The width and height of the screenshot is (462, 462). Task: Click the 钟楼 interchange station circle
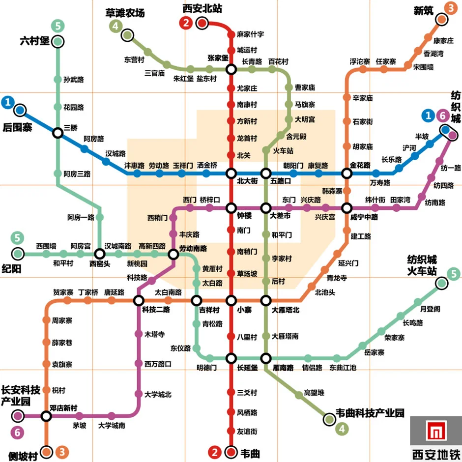[x=231, y=208]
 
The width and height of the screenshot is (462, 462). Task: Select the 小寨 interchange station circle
[x=231, y=300]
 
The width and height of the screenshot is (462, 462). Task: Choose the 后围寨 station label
[x=18, y=127]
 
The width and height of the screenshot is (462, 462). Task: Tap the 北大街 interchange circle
[x=231, y=173]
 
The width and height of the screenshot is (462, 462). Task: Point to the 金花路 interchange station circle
[x=347, y=173]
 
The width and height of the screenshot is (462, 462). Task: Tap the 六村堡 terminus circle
[x=58, y=42]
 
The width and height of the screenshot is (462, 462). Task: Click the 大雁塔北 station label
[x=286, y=310]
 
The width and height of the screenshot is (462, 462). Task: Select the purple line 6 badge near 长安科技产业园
[x=18, y=433]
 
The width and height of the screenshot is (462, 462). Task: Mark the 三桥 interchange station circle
[x=58, y=133]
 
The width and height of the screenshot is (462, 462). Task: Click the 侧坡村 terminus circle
[x=47, y=451]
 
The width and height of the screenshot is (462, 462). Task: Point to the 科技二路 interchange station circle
[x=139, y=300]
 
